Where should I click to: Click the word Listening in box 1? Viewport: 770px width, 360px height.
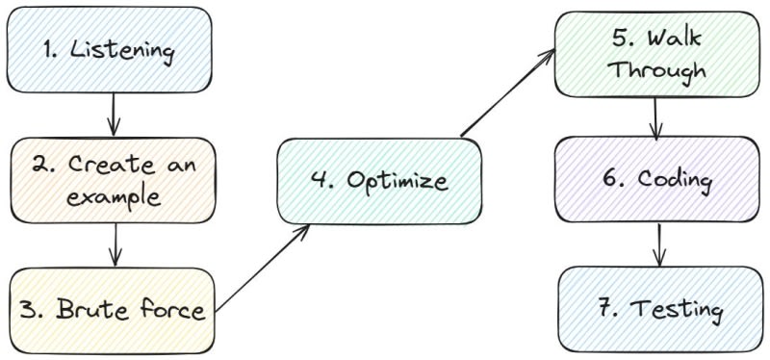[122, 51]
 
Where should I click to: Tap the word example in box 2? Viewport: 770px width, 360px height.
[114, 197]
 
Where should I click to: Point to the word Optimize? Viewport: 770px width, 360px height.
[398, 180]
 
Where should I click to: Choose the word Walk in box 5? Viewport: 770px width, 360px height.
[673, 38]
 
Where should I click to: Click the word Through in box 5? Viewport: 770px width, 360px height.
[659, 70]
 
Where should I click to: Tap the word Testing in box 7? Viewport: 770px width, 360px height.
[676, 310]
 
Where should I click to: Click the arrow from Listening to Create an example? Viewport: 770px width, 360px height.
[114, 114]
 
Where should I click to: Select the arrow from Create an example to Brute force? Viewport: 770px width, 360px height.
[115, 244]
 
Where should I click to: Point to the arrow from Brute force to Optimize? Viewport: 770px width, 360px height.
[262, 268]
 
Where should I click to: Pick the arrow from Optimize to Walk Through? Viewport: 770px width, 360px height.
[508, 92]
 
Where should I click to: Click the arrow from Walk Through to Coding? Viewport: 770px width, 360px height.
[655, 117]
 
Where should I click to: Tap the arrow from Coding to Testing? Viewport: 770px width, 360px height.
[658, 244]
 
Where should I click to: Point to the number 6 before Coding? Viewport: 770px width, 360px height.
[612, 178]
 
